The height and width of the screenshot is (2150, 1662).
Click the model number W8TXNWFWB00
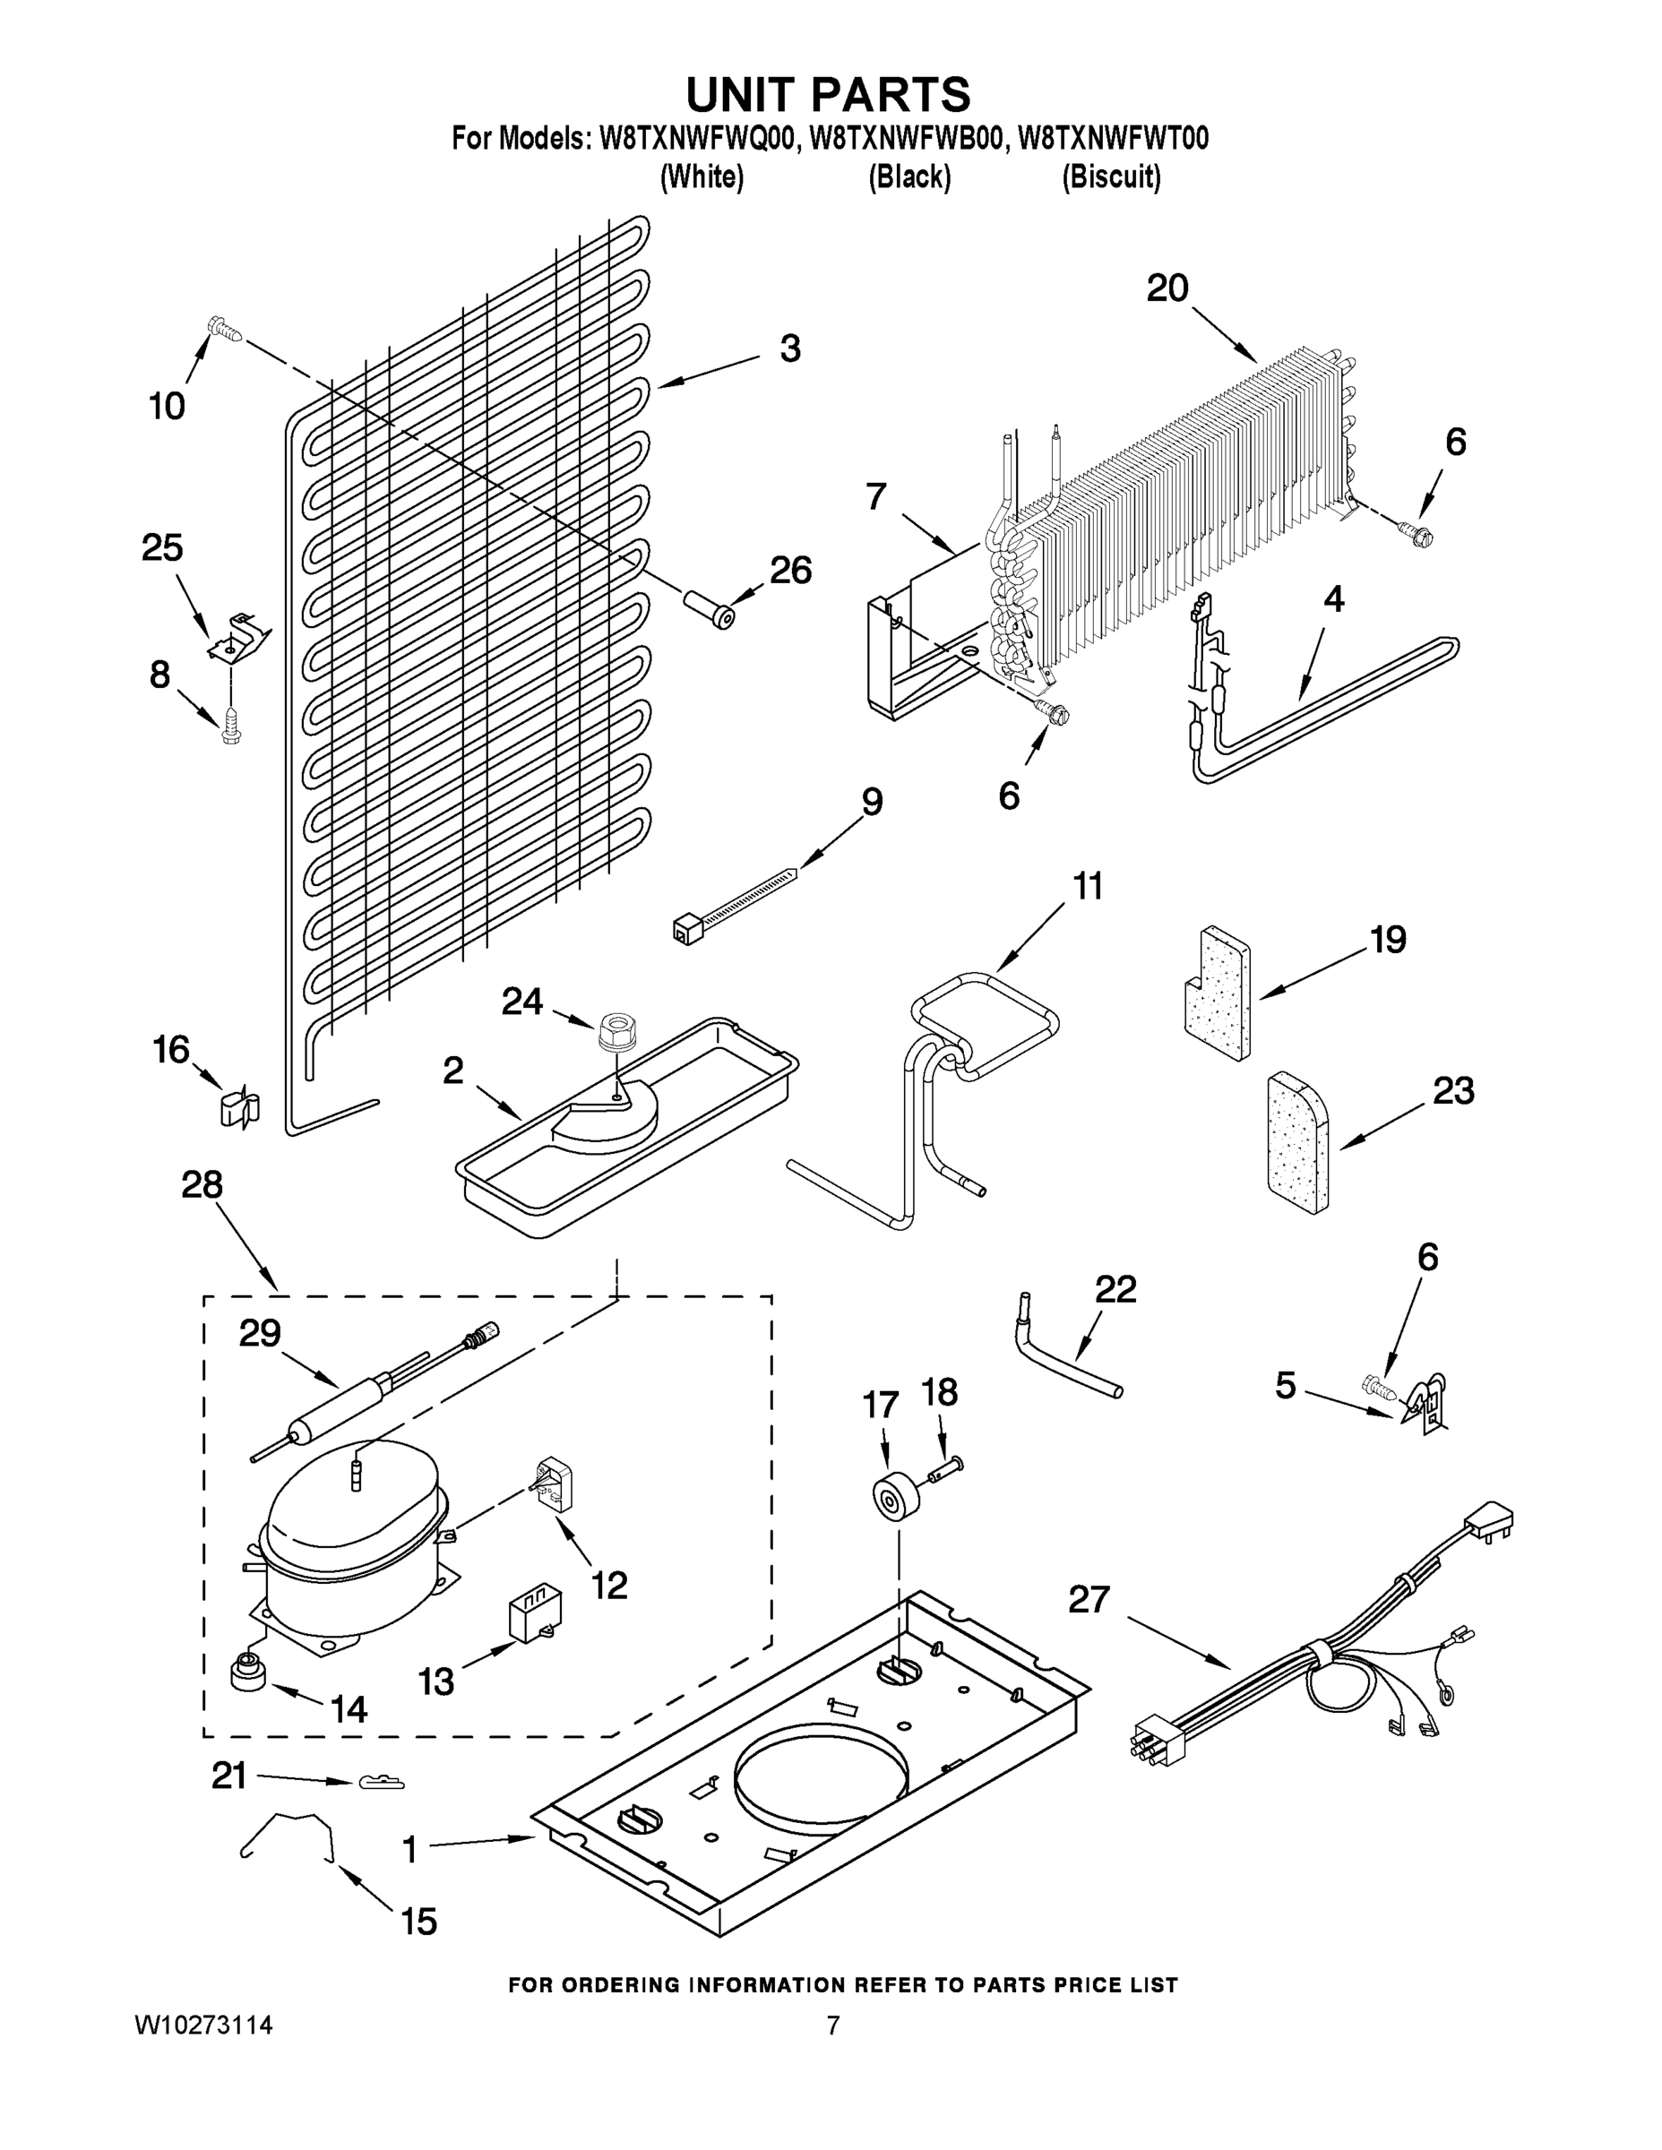coord(907,138)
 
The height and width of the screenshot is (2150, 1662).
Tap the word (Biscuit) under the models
coord(1111,177)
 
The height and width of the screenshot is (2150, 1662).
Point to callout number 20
coord(1167,288)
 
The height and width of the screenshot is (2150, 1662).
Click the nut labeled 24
coord(617,1032)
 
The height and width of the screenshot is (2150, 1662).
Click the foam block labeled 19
coord(1217,994)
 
